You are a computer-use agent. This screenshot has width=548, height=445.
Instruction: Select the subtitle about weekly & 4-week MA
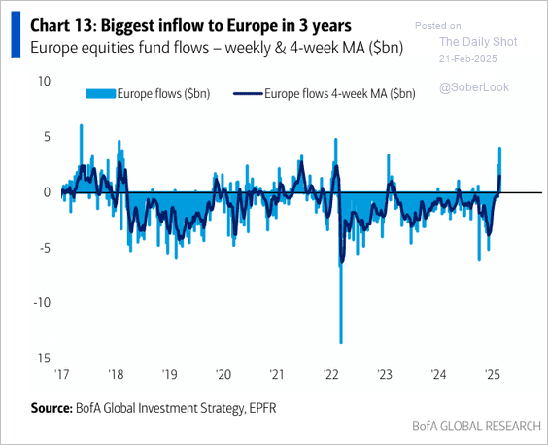[x=216, y=48]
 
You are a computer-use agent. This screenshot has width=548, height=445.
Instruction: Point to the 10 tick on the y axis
[x=43, y=82]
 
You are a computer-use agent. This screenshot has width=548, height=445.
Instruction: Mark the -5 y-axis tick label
[x=43, y=247]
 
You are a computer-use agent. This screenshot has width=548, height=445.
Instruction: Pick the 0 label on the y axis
[x=46, y=191]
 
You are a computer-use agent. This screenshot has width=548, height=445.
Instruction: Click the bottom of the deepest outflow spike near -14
[x=340, y=341]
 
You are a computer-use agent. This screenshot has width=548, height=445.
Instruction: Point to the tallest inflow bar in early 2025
[x=499, y=149]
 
